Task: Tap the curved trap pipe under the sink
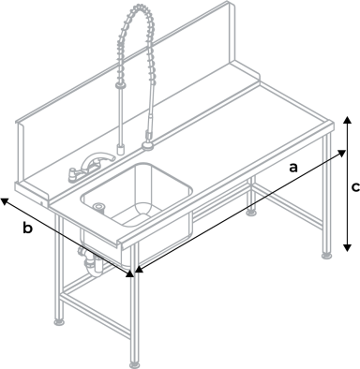pos(91,263)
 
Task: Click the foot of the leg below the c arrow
pos(326,255)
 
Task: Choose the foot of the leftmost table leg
pos(61,321)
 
